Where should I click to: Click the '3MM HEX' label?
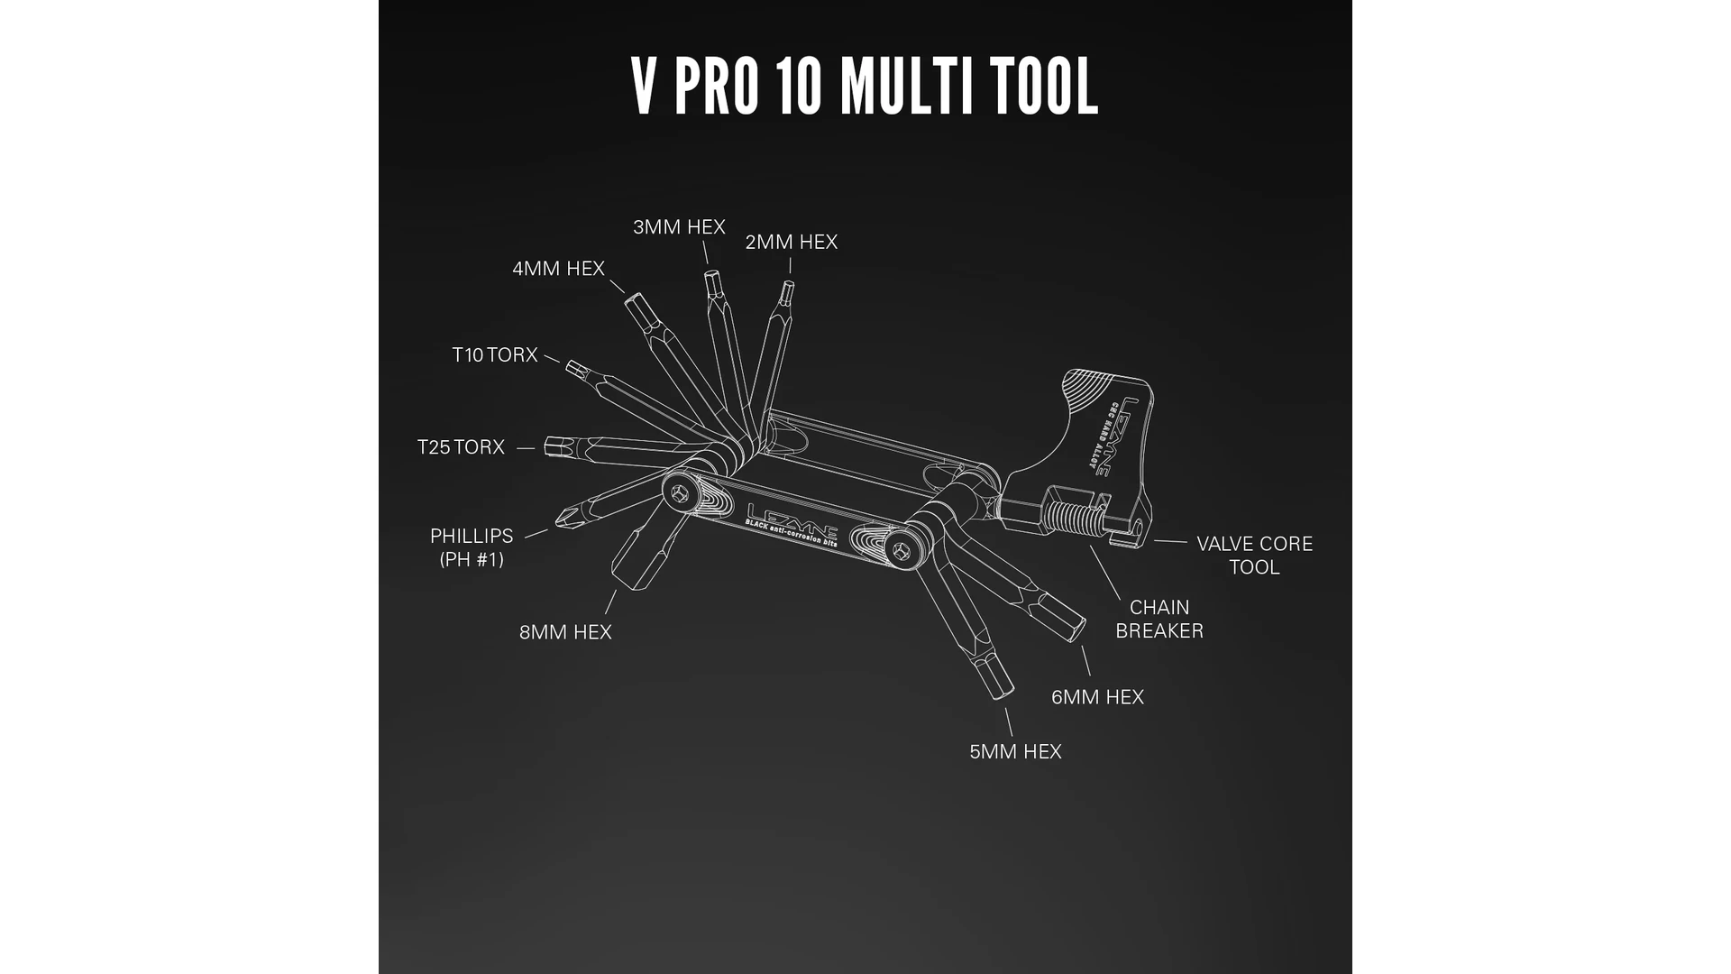point(679,227)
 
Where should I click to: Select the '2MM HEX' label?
point(792,243)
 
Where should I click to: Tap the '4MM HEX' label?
point(558,269)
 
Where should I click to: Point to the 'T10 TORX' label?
point(495,355)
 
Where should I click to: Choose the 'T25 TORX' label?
point(461,447)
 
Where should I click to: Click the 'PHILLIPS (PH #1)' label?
point(472,547)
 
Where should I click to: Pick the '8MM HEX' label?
point(565,632)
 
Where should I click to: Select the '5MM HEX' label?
point(1015,752)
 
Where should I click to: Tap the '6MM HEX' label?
point(1097,697)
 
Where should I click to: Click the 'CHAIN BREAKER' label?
point(1159,620)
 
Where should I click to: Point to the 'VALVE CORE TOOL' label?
point(1254,556)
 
